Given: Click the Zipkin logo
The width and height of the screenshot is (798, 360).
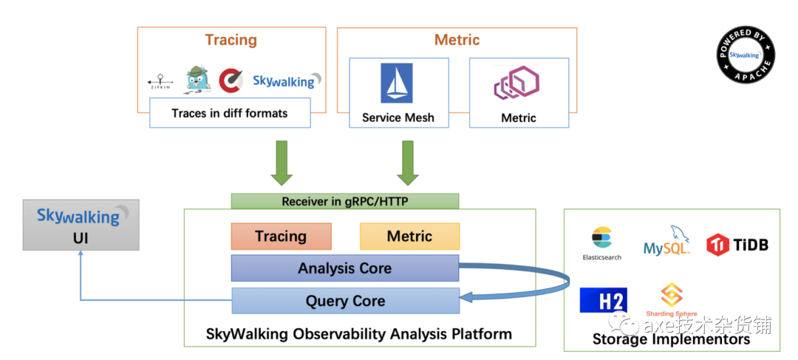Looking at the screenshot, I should pyautogui.click(x=161, y=81).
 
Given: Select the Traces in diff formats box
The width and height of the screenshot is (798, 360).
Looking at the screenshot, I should pyautogui.click(x=229, y=114).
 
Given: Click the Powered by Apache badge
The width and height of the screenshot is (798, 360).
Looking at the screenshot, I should pyautogui.click(x=746, y=55).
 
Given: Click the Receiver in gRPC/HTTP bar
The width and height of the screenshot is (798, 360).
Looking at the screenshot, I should pyautogui.click(x=345, y=201).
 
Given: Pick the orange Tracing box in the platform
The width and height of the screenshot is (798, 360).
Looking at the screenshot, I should pyautogui.click(x=281, y=237).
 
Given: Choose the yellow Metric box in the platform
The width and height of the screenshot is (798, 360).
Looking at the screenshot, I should pyautogui.click(x=409, y=237).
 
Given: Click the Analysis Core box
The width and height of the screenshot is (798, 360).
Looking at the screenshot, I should pyautogui.click(x=345, y=268).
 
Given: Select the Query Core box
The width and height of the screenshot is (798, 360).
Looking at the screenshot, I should pyautogui.click(x=345, y=301).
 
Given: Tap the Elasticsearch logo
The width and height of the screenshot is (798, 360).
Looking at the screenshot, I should pyautogui.click(x=601, y=242).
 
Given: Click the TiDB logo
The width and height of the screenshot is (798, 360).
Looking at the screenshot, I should pyautogui.click(x=737, y=244).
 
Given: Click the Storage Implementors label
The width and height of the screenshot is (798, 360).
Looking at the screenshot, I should pyautogui.click(x=671, y=339).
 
